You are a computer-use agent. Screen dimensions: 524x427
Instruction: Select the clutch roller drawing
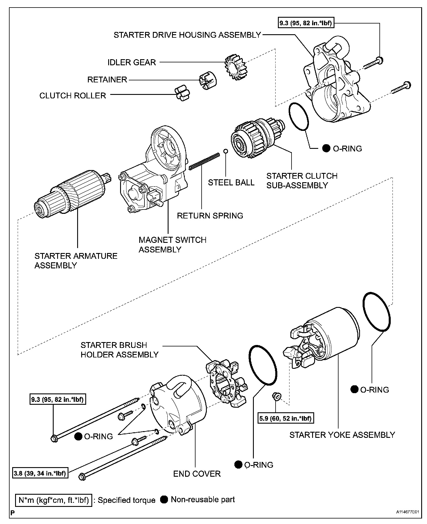(182, 93)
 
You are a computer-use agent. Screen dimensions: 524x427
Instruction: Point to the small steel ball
(225, 151)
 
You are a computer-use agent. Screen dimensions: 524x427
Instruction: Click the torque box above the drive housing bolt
(305, 23)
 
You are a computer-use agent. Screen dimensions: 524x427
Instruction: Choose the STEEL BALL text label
(231, 183)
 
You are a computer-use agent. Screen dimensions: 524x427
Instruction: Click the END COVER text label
(197, 474)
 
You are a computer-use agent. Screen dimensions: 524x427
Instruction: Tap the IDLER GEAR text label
(132, 62)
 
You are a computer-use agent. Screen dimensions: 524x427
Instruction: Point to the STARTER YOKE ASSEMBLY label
(342, 435)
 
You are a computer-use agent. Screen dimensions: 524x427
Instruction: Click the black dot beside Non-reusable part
(164, 499)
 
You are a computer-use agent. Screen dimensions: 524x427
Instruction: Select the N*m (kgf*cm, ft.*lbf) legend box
(54, 500)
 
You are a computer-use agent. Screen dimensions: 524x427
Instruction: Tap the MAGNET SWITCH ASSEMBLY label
(172, 245)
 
